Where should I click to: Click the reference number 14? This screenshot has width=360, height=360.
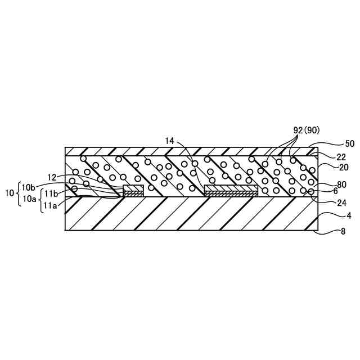[x=170, y=141]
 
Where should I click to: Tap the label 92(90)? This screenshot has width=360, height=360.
[x=307, y=129]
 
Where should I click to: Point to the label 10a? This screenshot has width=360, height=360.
[x=29, y=199]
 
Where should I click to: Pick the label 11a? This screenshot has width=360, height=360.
[x=51, y=205]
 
